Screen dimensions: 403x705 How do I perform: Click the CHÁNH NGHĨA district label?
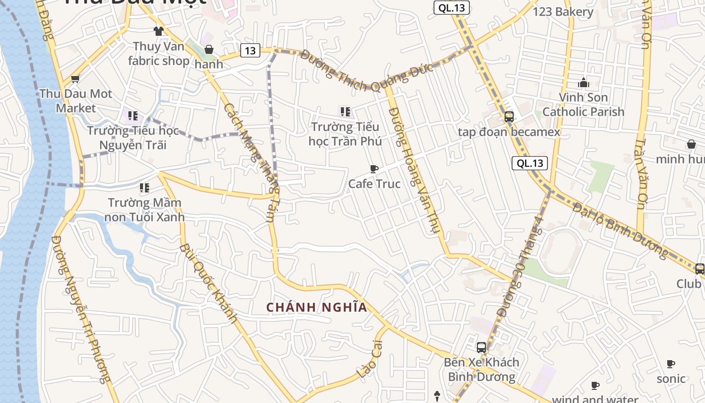coord(317,307)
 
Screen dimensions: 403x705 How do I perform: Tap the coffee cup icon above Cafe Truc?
coord(374,169)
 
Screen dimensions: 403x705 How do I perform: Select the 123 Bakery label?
coord(563,12)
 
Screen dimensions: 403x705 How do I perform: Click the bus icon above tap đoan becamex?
coord(509,117)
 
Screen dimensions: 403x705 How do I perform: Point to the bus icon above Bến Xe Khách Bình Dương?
coord(481,347)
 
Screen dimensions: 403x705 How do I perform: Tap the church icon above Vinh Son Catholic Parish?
coord(583,82)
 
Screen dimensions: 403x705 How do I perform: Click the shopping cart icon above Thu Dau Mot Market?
coord(76,79)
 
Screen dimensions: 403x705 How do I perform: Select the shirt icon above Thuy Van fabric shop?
coord(159,31)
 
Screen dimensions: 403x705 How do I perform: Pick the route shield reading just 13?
coord(250,50)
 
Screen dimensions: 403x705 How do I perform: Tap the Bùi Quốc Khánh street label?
coord(208,283)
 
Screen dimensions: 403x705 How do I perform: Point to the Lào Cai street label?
coord(370,359)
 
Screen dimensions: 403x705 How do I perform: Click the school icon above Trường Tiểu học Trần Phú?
coord(345,111)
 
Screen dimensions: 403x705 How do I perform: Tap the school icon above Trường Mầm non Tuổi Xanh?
coord(145,188)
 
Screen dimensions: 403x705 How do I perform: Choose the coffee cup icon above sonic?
coord(670,364)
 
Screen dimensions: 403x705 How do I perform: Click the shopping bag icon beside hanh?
coord(208,49)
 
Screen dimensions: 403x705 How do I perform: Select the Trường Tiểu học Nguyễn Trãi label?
coord(133,138)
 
